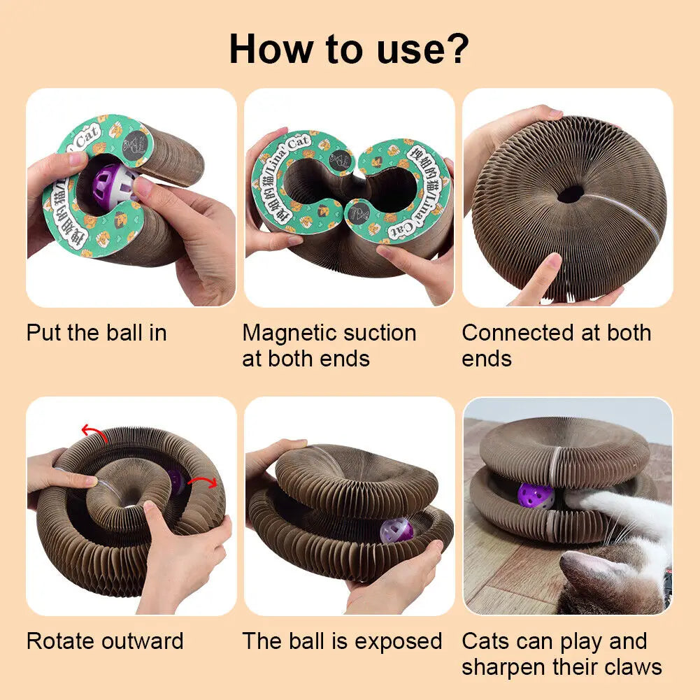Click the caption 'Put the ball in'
click(97, 333)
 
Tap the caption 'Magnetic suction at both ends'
click(329, 345)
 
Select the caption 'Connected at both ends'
click(556, 345)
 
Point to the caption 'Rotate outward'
click(105, 641)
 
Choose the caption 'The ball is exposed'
click(342, 641)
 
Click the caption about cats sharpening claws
click(562, 654)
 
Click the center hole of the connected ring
click(571, 194)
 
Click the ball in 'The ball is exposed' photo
click(397, 531)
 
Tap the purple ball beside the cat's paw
click(536, 496)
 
